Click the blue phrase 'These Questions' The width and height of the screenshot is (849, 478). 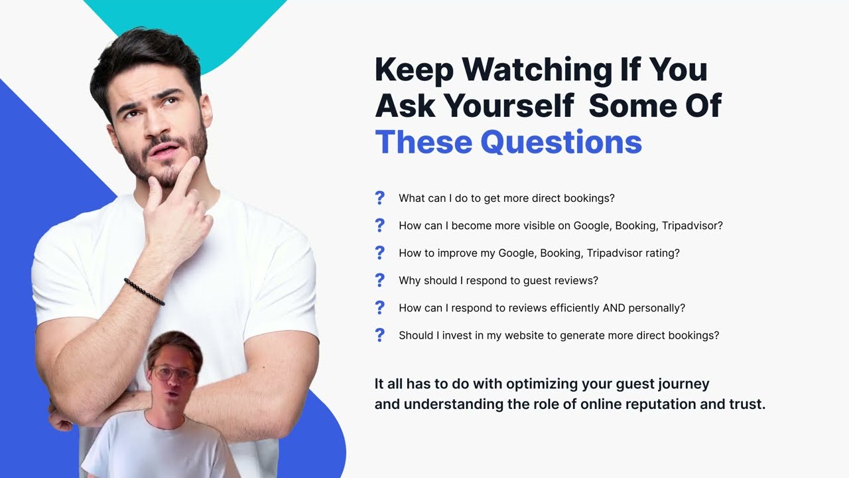point(508,142)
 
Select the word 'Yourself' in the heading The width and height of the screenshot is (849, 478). point(509,106)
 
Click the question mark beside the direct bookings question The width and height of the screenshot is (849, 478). point(379,198)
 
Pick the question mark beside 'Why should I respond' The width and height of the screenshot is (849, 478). point(379,280)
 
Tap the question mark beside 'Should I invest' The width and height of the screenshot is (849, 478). point(379,335)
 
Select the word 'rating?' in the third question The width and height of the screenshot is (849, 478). point(659,253)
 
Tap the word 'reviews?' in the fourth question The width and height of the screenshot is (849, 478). point(577,281)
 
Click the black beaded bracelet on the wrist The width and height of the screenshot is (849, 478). point(144,292)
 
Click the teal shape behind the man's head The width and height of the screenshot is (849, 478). point(219,30)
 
